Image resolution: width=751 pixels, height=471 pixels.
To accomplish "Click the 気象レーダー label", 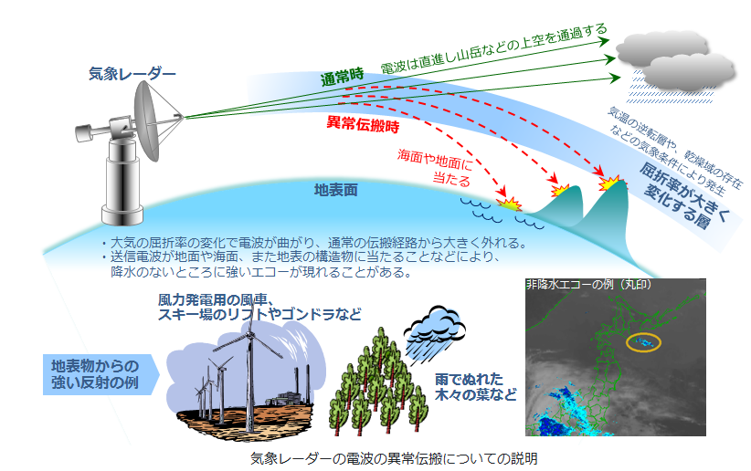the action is point(132,74).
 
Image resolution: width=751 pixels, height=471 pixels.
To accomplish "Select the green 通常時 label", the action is point(342,77).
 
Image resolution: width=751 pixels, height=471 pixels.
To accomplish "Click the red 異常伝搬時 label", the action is point(363,124).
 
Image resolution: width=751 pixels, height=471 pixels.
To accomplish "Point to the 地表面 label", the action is point(335,190).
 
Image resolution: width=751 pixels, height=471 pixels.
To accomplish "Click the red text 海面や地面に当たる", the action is point(435,167).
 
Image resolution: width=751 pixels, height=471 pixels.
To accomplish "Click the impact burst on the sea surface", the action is point(509,204).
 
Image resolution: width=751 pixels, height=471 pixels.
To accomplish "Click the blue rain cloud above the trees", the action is point(434,326).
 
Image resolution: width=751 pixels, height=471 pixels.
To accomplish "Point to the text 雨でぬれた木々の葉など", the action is point(476,387).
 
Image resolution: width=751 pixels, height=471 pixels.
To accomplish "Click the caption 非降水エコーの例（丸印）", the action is point(588,285).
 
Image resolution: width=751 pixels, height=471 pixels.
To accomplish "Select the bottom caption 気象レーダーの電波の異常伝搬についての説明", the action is point(394,458).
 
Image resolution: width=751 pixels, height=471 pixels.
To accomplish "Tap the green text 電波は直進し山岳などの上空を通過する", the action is point(493,48).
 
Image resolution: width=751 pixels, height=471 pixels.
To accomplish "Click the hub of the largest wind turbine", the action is point(249,334).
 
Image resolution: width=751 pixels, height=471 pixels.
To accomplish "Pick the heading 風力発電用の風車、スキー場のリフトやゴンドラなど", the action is point(259,308).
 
